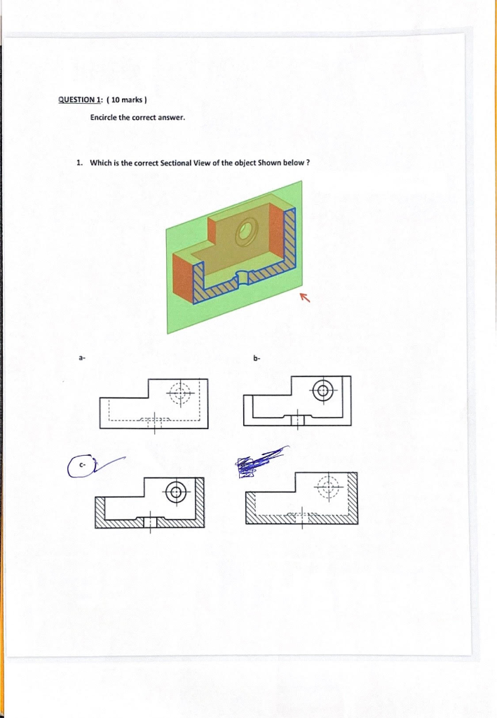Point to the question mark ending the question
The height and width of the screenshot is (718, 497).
tap(308, 163)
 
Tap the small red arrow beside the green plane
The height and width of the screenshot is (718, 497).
tap(304, 299)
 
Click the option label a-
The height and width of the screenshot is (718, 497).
tap(81, 358)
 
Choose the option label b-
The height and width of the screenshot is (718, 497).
tap(257, 358)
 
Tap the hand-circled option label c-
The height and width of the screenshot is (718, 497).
tap(82, 465)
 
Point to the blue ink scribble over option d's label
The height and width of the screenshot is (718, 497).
tap(253, 463)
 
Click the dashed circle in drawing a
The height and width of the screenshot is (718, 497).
tap(182, 393)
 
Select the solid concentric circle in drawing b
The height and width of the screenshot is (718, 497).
tap(323, 391)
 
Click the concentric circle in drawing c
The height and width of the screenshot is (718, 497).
tap(177, 492)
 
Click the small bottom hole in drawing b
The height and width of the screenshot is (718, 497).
tap(298, 420)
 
